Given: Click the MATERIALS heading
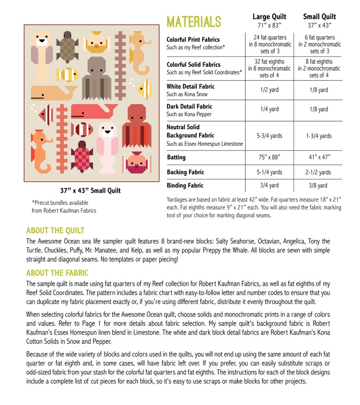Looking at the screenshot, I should (194, 21).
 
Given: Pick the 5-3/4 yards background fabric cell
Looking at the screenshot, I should (269, 136).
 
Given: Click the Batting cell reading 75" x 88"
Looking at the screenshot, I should (269, 157).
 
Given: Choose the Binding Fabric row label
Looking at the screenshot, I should (185, 185).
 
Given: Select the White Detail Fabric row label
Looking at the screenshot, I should (190, 86).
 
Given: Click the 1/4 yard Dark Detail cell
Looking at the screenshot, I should (269, 109).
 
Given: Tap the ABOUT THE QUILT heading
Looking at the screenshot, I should (55, 231).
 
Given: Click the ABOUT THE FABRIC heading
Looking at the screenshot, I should (57, 273).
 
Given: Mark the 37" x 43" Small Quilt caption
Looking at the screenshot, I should (90, 190).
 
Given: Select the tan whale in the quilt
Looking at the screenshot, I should (51, 93).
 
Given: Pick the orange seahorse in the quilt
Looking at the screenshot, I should (41, 150).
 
